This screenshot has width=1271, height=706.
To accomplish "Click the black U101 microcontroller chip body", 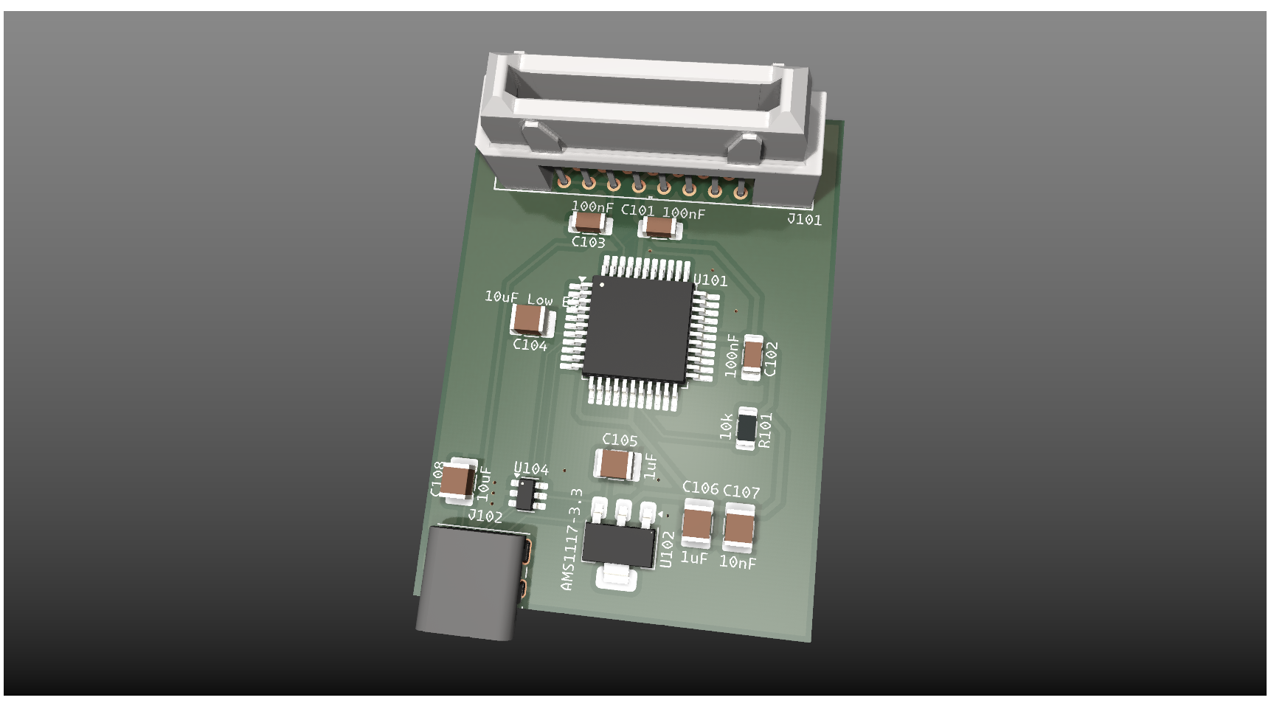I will (638, 328).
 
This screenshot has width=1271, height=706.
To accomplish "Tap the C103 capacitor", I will (589, 221).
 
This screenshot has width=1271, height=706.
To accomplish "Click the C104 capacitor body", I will (530, 319).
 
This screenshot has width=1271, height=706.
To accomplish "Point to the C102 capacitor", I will (752, 356).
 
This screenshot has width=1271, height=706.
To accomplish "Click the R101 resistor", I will (747, 427).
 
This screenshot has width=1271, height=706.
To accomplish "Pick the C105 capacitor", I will (616, 465).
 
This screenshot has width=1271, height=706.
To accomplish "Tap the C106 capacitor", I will (697, 523).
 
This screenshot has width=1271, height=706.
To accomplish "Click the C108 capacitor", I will (459, 480).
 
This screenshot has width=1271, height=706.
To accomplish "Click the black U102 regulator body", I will (618, 545).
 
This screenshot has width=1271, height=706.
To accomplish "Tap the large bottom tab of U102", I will (616, 577).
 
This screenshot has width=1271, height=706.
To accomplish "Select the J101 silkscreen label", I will (804, 219).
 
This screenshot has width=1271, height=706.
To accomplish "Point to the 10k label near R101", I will (727, 426).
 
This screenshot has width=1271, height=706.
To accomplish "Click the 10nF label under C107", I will (738, 563).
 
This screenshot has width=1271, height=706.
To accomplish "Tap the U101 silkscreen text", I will (710, 280).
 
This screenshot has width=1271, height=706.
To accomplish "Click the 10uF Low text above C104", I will (519, 298).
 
